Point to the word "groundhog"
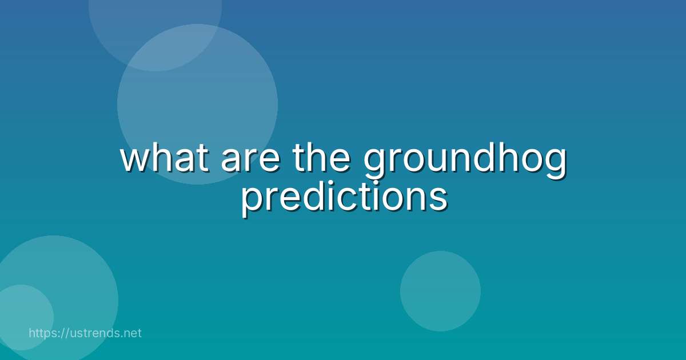465,161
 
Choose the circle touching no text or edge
440,291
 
